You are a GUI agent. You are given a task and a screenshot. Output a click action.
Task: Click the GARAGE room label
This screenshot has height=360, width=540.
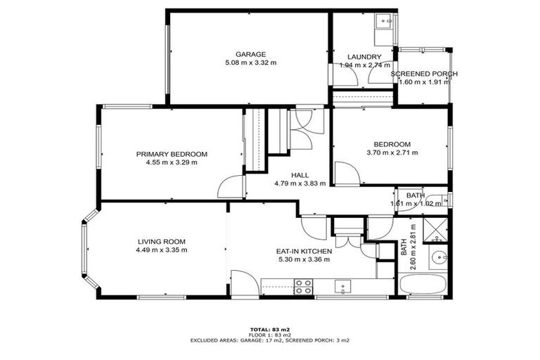click(x=250, y=54)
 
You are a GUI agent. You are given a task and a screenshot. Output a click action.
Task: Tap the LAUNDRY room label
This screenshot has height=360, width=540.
click(x=364, y=57)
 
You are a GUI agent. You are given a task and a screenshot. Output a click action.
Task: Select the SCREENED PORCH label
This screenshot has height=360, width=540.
click(x=424, y=74)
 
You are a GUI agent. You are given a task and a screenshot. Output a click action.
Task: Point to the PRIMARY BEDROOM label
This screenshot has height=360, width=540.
click(x=172, y=154)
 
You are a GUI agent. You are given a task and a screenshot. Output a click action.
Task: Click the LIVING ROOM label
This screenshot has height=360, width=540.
click(x=161, y=241)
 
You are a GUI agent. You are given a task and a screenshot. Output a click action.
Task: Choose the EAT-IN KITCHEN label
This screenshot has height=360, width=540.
click(x=303, y=250)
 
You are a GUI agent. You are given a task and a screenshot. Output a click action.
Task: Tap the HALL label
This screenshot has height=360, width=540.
click(x=300, y=175)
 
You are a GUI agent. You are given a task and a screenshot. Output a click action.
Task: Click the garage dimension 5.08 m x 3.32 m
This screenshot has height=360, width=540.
click(x=250, y=63)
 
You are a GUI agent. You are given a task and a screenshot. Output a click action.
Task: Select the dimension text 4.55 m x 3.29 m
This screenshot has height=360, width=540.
click(x=172, y=162)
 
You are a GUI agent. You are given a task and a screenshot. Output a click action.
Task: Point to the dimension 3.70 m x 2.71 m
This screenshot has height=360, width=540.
click(x=392, y=153)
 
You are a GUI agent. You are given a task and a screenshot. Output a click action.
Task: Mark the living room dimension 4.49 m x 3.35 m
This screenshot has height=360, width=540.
click(x=161, y=250)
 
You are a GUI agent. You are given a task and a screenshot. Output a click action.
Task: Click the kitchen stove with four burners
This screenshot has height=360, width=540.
click(x=303, y=286)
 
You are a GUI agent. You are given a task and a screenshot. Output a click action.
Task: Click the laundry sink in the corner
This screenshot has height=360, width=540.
click(x=385, y=22)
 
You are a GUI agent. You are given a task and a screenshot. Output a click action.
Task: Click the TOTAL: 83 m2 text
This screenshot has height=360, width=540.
click(x=269, y=329)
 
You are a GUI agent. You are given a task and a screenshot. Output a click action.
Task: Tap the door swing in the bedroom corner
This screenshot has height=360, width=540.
click(x=345, y=174)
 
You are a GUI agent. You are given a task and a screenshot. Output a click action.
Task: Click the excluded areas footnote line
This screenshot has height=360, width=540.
click(x=269, y=340)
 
